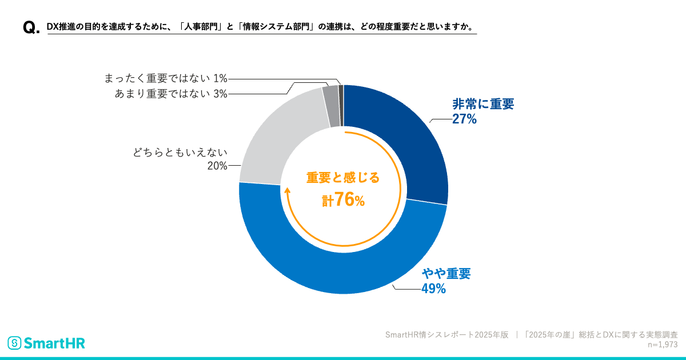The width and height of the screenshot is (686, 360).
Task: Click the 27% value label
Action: [464, 119]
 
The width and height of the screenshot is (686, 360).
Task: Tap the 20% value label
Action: [217, 166]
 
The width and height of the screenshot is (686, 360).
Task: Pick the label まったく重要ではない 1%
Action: [166, 78]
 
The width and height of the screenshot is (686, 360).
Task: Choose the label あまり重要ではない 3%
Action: [171, 94]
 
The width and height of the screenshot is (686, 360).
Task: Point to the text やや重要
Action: [446, 273]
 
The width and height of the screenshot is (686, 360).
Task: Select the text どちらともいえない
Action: [180, 152]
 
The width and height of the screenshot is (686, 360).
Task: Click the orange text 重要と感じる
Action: [343, 178]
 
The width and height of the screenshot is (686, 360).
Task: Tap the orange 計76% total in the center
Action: [343, 199]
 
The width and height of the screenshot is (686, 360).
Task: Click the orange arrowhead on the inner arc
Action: [288, 191]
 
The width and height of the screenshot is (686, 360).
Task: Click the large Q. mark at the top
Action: [31, 28]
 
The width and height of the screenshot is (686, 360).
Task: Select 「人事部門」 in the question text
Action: [198, 27]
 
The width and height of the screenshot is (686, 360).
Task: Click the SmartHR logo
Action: [46, 343]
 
